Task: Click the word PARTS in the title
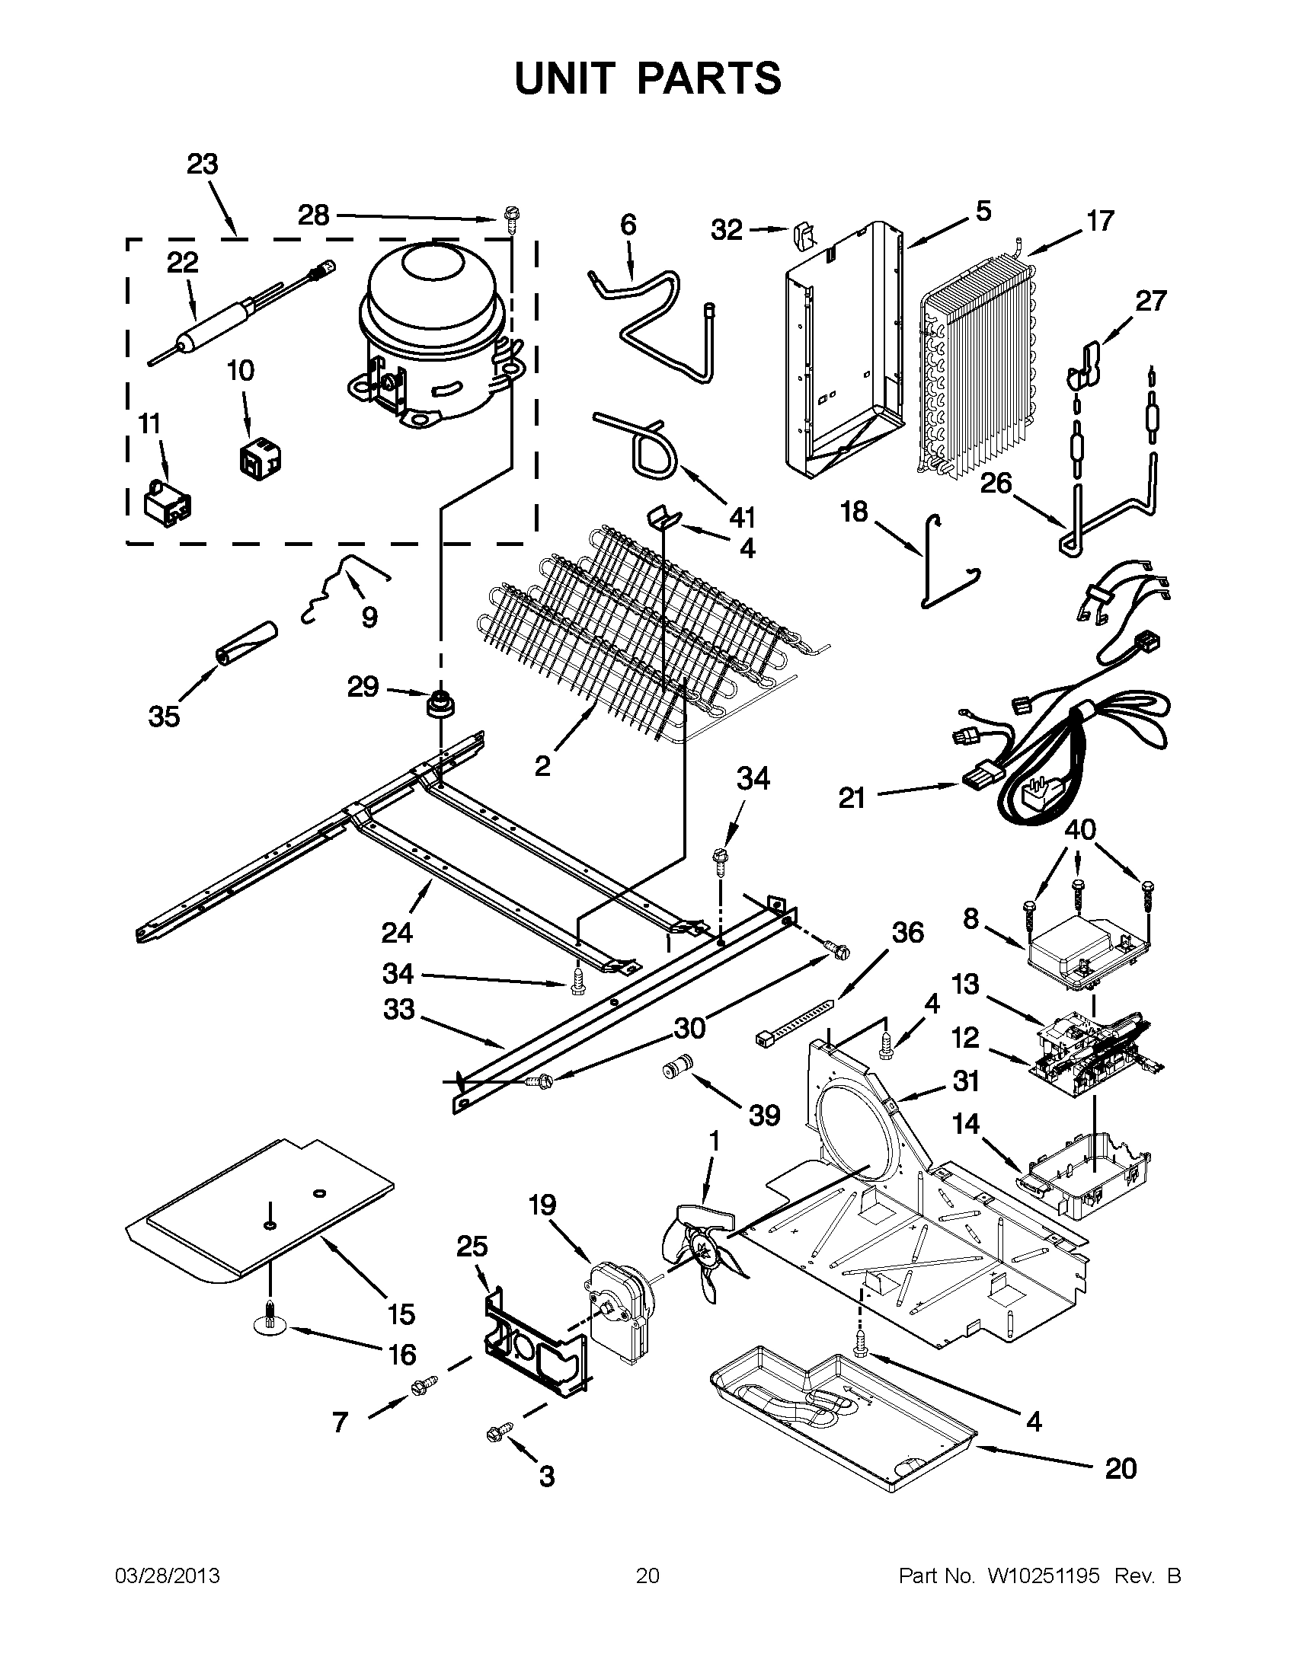(x=708, y=78)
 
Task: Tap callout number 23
(x=203, y=164)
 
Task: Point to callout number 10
(x=240, y=371)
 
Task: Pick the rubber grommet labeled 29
(x=440, y=703)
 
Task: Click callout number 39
(x=764, y=1115)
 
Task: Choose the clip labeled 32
(x=801, y=234)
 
